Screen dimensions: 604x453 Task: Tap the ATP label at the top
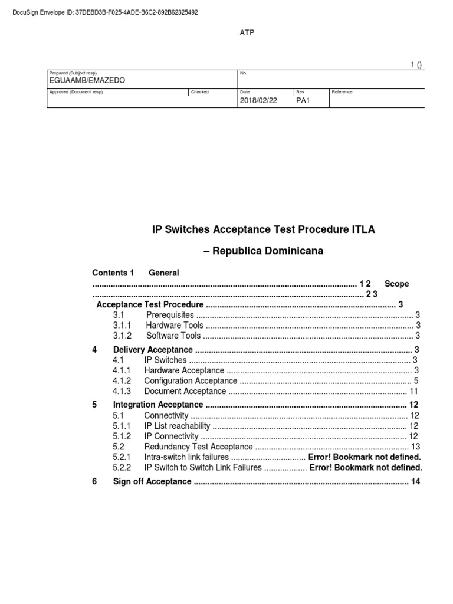coord(247,32)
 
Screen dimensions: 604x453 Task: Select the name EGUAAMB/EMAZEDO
coord(87,80)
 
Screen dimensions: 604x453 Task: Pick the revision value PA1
coord(303,100)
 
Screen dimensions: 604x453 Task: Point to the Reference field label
coord(342,92)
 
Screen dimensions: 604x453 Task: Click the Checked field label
coord(200,92)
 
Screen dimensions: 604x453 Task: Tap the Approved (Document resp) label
coord(76,92)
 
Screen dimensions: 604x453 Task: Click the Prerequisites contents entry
coord(170,315)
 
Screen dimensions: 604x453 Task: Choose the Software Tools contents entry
coord(173,336)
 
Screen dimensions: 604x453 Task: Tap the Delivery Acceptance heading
coord(153,350)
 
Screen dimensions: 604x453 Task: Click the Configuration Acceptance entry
coord(191,380)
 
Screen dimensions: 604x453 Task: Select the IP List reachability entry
coord(177,426)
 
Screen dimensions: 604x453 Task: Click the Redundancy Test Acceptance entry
coord(198,447)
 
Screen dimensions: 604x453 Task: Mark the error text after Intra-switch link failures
coord(365,457)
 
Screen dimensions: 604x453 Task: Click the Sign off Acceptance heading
coord(152,482)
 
